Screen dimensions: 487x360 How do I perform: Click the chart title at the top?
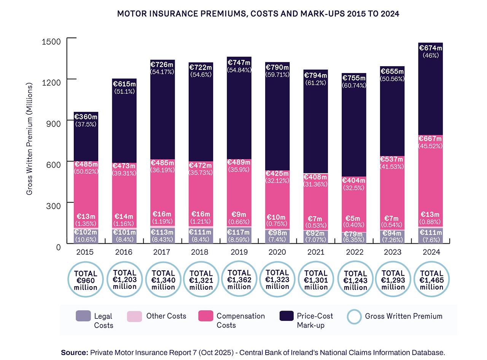(x=258, y=14)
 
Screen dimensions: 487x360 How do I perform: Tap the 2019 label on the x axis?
(x=239, y=252)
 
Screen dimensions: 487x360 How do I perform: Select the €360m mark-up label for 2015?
(x=86, y=116)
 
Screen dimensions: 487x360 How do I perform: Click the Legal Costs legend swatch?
(x=83, y=316)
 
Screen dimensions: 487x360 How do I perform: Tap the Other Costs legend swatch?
(x=134, y=316)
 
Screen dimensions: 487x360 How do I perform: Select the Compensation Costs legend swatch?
(x=205, y=316)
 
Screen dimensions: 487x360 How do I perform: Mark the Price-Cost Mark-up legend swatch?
(x=286, y=316)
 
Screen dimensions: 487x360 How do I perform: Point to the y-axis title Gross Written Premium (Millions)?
(x=29, y=139)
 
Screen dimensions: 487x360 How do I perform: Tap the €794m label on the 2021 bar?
(x=315, y=76)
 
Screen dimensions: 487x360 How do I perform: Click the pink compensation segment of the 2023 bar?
(x=392, y=193)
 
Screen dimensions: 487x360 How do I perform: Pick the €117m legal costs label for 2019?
(x=239, y=232)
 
